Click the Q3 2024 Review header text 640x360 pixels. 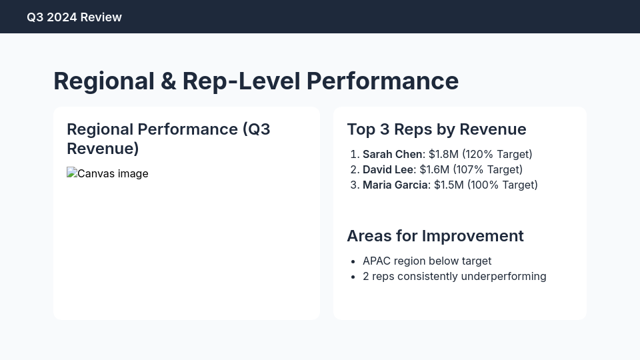(74, 17)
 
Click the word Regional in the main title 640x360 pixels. (104, 81)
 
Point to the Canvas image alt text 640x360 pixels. (113, 173)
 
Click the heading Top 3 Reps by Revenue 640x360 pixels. (436, 129)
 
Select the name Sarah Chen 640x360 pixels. (392, 155)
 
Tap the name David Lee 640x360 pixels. (387, 170)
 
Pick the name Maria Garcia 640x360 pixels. (395, 185)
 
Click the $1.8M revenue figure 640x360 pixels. (443, 155)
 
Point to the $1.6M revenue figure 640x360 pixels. (434, 170)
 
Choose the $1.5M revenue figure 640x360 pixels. (449, 185)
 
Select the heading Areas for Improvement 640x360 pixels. (435, 236)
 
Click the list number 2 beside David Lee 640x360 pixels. (354, 170)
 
